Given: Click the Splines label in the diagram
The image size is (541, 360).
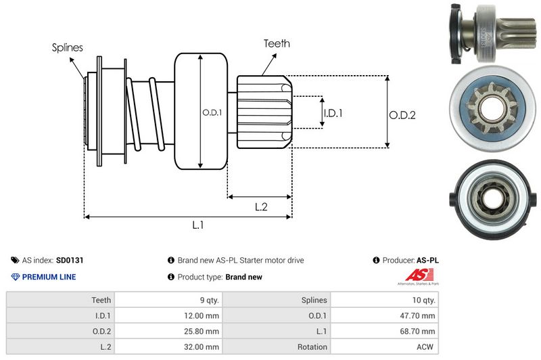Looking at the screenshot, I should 68,47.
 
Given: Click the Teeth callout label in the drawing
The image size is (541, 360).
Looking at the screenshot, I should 277,43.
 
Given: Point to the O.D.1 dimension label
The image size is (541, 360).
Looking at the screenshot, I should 212,112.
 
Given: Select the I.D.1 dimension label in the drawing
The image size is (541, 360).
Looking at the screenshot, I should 333,113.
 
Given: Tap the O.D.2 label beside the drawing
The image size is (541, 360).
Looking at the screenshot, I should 402,115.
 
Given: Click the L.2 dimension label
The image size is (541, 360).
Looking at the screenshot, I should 260,207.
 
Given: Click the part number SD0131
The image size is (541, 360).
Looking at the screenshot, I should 69,260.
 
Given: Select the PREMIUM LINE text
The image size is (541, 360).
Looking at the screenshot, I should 49,277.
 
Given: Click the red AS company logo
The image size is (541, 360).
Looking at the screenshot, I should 413,275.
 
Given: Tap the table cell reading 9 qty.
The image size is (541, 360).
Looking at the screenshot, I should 206,300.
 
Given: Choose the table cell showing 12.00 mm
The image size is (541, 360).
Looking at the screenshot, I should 202,316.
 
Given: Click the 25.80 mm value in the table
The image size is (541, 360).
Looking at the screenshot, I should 202,332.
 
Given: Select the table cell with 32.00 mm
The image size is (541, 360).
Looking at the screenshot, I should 202,347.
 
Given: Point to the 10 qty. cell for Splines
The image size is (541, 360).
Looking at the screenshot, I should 421,300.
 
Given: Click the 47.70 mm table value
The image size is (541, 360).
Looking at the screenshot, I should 419,316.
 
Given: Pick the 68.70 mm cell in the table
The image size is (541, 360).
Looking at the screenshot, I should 419,332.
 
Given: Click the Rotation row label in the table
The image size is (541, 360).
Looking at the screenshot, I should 312,347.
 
